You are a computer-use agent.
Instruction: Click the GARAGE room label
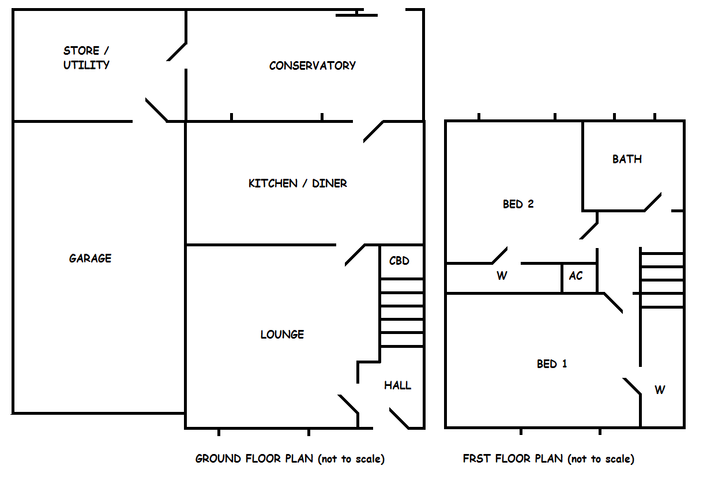pyautogui.click(x=90, y=258)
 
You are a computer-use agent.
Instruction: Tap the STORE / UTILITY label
pyautogui.click(x=87, y=58)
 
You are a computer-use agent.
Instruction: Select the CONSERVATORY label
pyautogui.click(x=313, y=66)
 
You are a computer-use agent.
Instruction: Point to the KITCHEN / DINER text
pyautogui.click(x=298, y=183)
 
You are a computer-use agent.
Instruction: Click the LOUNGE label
pyautogui.click(x=282, y=335)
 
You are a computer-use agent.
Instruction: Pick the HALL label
pyautogui.click(x=398, y=385)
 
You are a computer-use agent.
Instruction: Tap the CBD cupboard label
pyautogui.click(x=399, y=261)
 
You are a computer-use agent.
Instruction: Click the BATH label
pyautogui.click(x=627, y=159)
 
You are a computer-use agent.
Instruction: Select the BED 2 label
pyautogui.click(x=518, y=204)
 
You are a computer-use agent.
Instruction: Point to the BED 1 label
pyautogui.click(x=552, y=364)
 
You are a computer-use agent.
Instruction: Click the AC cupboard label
pyautogui.click(x=576, y=276)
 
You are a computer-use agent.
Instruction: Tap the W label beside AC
pyautogui.click(x=502, y=276)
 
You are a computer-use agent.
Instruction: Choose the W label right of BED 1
pyautogui.click(x=660, y=390)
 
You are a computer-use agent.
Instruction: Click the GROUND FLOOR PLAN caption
pyautogui.click(x=289, y=459)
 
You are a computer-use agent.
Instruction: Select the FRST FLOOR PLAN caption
pyautogui.click(x=548, y=459)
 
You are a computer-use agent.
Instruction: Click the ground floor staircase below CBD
pyautogui.click(x=402, y=313)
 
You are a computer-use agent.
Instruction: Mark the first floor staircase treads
pyautogui.click(x=662, y=280)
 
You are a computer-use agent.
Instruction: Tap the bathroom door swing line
pyautogui.click(x=652, y=202)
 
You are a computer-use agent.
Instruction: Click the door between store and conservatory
pyautogui.click(x=176, y=51)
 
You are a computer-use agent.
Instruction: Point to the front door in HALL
pyautogui.click(x=398, y=418)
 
